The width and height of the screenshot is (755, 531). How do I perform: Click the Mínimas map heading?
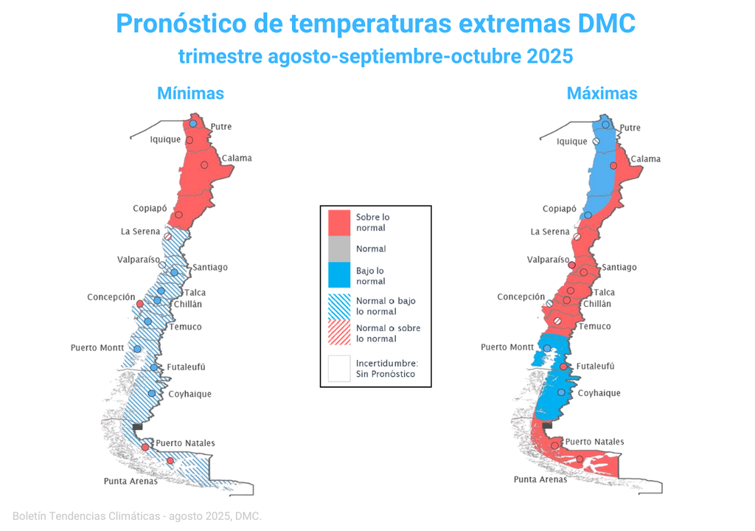tap(190, 94)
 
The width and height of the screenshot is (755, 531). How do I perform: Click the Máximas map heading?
tap(602, 94)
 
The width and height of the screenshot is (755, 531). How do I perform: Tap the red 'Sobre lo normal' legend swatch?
tap(339, 222)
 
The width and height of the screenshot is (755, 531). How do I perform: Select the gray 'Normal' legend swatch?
tap(339, 249)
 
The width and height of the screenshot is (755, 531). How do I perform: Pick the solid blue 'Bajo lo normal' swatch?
tap(339, 276)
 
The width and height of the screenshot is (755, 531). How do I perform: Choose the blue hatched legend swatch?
tap(339, 306)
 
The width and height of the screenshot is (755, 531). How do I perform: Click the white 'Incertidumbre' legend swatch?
tap(339, 368)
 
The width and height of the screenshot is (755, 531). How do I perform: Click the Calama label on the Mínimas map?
tap(237, 158)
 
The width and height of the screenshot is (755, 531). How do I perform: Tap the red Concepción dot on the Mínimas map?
tap(139, 304)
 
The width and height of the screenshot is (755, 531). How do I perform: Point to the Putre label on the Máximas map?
tap(630, 128)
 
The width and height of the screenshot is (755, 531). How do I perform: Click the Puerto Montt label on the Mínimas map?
tap(97, 347)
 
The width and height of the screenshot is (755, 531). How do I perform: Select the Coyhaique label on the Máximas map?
tap(599, 393)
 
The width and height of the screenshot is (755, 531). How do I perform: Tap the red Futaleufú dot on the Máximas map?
tap(563, 367)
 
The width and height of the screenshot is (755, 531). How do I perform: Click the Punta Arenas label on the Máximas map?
tap(540, 479)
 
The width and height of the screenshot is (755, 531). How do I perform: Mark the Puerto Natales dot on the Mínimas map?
tap(145, 447)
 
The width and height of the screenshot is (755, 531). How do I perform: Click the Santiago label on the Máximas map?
tap(619, 267)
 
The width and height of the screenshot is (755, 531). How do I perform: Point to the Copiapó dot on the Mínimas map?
tap(178, 215)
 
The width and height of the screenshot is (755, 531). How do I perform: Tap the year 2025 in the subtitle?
tap(549, 56)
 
